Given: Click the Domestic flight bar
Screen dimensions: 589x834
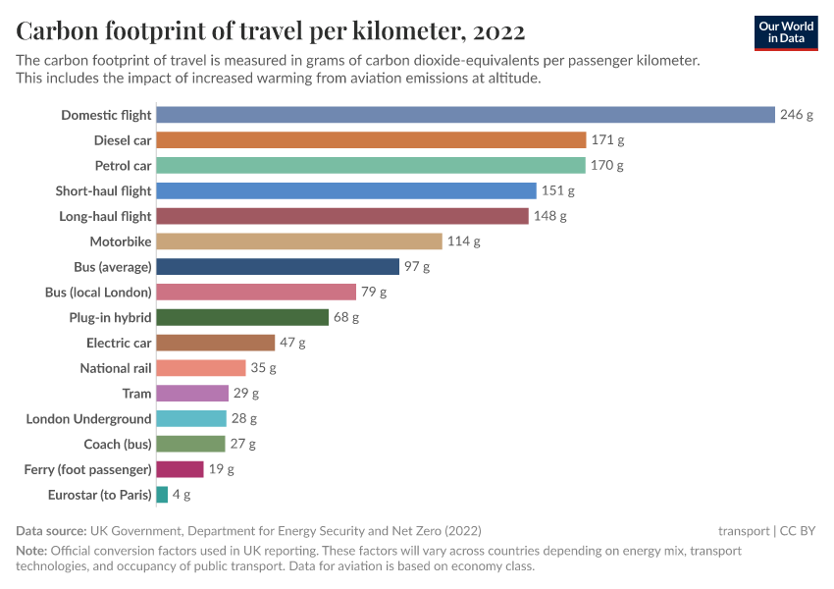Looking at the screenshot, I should tap(465, 115).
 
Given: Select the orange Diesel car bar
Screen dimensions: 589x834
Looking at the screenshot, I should tap(371, 140).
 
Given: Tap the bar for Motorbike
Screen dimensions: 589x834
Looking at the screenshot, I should tap(299, 241).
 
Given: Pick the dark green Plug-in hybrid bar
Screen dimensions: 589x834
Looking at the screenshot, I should tap(242, 317).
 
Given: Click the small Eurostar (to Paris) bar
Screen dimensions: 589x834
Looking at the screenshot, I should tap(162, 495).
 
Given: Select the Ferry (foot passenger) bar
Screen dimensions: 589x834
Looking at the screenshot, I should tap(180, 469).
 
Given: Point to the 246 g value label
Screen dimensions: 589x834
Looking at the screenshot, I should tap(797, 115).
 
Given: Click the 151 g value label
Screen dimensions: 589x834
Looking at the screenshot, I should tap(557, 190).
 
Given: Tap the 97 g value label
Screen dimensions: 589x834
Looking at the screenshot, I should tap(417, 267).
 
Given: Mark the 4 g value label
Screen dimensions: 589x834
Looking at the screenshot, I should tap(182, 495).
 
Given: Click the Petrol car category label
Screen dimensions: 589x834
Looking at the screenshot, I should tap(123, 166).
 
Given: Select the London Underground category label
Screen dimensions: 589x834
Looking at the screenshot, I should tap(88, 419).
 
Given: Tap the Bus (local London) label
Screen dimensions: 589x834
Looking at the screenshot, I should tap(98, 293).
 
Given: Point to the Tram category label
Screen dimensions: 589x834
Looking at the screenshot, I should tap(136, 394).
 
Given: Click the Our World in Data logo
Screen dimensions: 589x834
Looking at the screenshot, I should tap(786, 32).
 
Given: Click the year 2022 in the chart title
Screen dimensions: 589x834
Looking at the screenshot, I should tap(498, 31).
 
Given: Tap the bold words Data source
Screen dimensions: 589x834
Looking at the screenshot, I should tap(51, 530).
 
